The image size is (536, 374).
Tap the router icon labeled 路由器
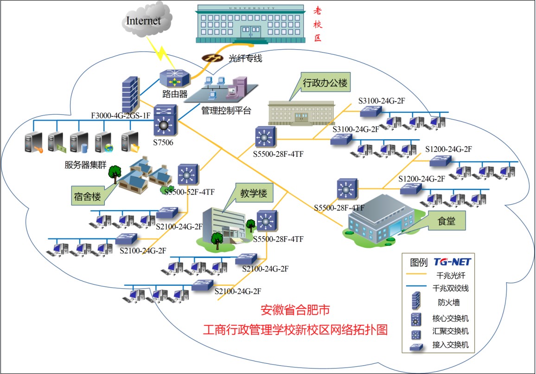pyautogui.click(x=174, y=78)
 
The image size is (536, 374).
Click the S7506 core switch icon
pyautogui.click(x=166, y=121)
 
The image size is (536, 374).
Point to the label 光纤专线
pyautogui.click(x=245, y=58)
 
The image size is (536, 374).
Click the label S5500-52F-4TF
pyautogui.click(x=189, y=192)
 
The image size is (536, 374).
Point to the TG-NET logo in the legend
pyautogui.click(x=452, y=262)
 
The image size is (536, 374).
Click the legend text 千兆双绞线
pyautogui.click(x=451, y=288)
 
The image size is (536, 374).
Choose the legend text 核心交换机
pyautogui.click(x=451, y=318)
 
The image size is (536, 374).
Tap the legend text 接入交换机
pyautogui.click(x=451, y=345)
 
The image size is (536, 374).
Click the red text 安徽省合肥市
pyautogui.click(x=295, y=310)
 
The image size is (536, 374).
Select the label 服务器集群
pyautogui.click(x=85, y=165)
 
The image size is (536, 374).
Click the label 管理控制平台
pyautogui.click(x=226, y=110)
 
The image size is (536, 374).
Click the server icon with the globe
pyautogui.click(x=104, y=142)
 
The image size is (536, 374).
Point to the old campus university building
pyautogui.click(x=250, y=24)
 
